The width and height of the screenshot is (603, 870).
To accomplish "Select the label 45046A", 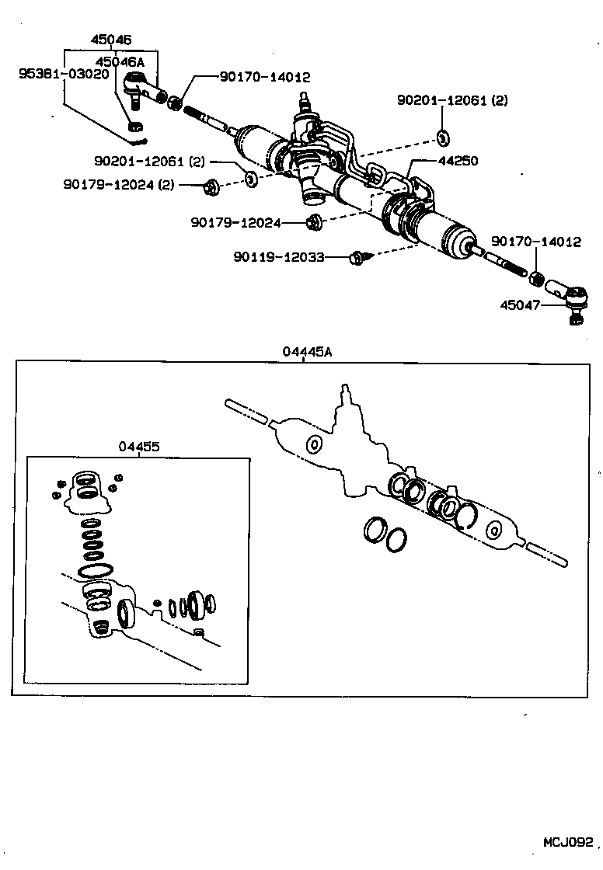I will (x=119, y=61).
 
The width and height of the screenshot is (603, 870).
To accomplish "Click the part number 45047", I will (x=521, y=305).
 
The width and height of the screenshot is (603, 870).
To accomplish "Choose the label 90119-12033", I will (x=278, y=257).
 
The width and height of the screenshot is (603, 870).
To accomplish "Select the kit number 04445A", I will (x=307, y=352).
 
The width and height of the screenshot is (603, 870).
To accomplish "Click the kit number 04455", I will (x=139, y=447).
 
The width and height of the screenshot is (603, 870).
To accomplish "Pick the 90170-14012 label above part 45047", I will (x=535, y=242).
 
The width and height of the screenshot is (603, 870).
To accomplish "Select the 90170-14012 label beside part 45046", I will (x=264, y=78).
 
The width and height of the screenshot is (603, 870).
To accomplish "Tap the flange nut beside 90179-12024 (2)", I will (x=211, y=186).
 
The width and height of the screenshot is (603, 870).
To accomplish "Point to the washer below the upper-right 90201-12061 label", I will (x=442, y=138).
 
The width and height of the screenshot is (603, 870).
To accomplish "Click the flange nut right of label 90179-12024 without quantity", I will (x=314, y=222).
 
